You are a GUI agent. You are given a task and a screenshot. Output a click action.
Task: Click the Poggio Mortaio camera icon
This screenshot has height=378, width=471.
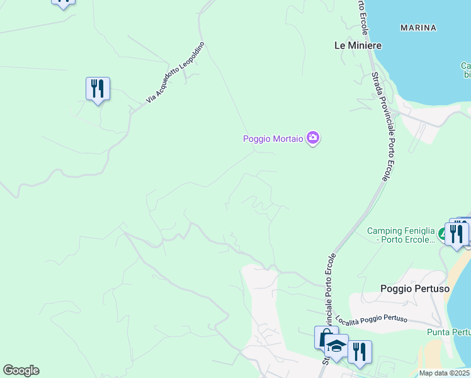313,138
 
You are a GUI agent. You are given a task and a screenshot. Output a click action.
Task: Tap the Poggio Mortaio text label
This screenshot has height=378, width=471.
273,139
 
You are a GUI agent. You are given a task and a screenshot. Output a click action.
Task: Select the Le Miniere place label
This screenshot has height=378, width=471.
358,45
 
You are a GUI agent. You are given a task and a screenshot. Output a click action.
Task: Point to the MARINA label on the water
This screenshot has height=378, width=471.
418,28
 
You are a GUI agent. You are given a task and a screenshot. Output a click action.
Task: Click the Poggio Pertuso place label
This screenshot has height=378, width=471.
415,289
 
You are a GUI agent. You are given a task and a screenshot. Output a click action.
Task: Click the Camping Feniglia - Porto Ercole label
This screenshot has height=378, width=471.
401,235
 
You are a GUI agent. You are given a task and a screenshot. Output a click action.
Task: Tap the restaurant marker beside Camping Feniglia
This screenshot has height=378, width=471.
457,234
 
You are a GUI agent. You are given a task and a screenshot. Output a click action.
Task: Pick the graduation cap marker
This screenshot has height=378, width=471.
337,346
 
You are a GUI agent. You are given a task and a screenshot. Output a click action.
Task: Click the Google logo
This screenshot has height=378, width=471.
21,370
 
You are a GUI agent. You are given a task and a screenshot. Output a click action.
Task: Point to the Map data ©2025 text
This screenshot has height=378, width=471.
445,373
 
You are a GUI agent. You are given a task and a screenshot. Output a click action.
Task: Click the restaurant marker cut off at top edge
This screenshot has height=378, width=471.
63,3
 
